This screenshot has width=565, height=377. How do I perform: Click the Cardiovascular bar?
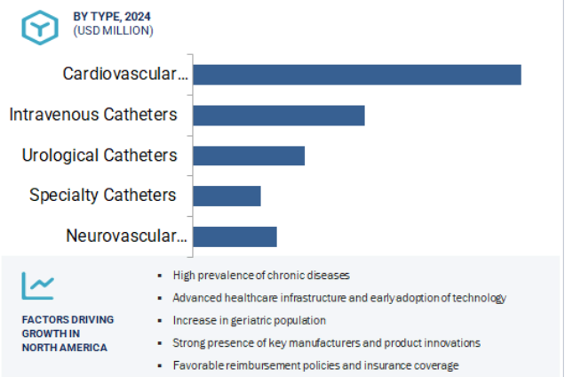(x=357, y=75)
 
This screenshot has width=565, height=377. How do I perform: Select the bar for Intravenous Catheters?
(x=279, y=116)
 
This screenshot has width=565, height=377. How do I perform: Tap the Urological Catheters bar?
(x=249, y=156)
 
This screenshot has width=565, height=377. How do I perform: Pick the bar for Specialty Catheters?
(x=227, y=196)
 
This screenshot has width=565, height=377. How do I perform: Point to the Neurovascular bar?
(x=235, y=237)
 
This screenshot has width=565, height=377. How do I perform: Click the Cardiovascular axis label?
(x=125, y=74)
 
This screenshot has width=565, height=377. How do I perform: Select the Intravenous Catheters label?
(x=93, y=115)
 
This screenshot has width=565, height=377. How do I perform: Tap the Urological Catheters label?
(x=99, y=156)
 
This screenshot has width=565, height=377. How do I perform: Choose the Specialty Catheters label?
(x=103, y=196)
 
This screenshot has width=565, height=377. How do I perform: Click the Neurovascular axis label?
(x=126, y=236)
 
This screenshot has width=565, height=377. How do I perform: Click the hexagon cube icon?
(x=40, y=28)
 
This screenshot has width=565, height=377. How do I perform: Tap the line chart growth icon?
(x=38, y=285)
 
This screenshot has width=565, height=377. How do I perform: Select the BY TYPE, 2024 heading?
(x=112, y=17)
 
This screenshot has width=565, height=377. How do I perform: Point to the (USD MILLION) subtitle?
(x=113, y=30)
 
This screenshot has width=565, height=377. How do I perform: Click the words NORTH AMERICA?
(x=65, y=348)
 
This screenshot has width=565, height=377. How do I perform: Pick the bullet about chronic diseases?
(x=261, y=276)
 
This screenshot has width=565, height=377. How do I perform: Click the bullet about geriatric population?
(x=250, y=320)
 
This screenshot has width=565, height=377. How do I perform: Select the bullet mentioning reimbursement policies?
(x=316, y=365)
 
